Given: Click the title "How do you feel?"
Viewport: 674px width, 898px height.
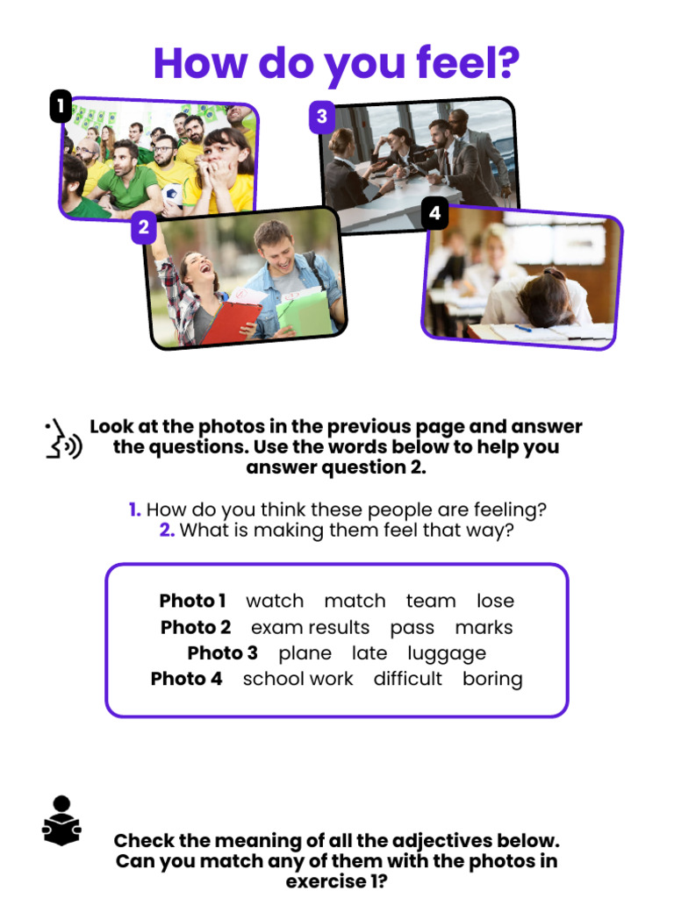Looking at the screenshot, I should [x=337, y=63].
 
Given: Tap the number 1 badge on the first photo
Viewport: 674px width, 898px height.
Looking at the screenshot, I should [x=60, y=108].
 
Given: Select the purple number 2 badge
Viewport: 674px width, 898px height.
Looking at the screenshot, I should [x=144, y=229].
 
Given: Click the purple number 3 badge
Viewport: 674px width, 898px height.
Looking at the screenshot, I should [x=322, y=116].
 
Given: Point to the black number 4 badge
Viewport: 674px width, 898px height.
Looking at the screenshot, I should [x=434, y=213].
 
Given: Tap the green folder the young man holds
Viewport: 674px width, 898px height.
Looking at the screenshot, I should [x=302, y=308].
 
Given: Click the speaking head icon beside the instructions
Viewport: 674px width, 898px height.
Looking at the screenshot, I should [x=62, y=439].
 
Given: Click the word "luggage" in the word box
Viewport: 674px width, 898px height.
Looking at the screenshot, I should [x=447, y=653].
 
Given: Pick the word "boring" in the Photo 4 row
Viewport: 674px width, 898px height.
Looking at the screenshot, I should [x=492, y=679].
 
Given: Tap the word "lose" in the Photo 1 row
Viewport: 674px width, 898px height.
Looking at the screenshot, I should [x=495, y=602].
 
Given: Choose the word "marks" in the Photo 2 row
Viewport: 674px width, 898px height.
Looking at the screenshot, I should [x=484, y=628].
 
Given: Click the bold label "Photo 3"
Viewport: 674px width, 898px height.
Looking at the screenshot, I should [x=223, y=653].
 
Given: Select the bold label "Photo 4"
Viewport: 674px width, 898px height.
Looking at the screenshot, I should [x=187, y=679].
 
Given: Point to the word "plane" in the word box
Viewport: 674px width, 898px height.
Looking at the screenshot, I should [x=305, y=653].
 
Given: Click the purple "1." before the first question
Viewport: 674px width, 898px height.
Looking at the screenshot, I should [x=134, y=510].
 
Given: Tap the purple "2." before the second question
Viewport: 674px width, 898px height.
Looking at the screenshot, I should [x=167, y=531].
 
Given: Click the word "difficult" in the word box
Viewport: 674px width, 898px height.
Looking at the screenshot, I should [x=407, y=679].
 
